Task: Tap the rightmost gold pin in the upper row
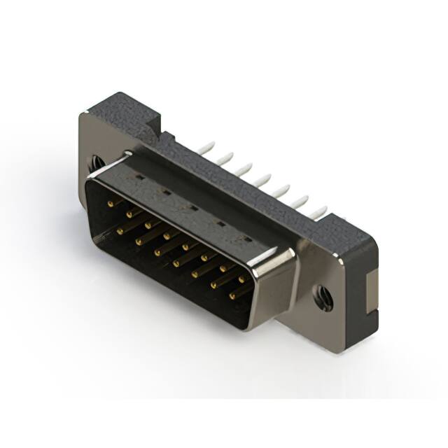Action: pos(241,278)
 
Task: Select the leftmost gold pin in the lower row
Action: pos(120,230)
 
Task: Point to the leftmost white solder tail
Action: pos(206,148)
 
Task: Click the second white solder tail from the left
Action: pos(225,157)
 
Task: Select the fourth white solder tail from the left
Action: pos(262,179)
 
